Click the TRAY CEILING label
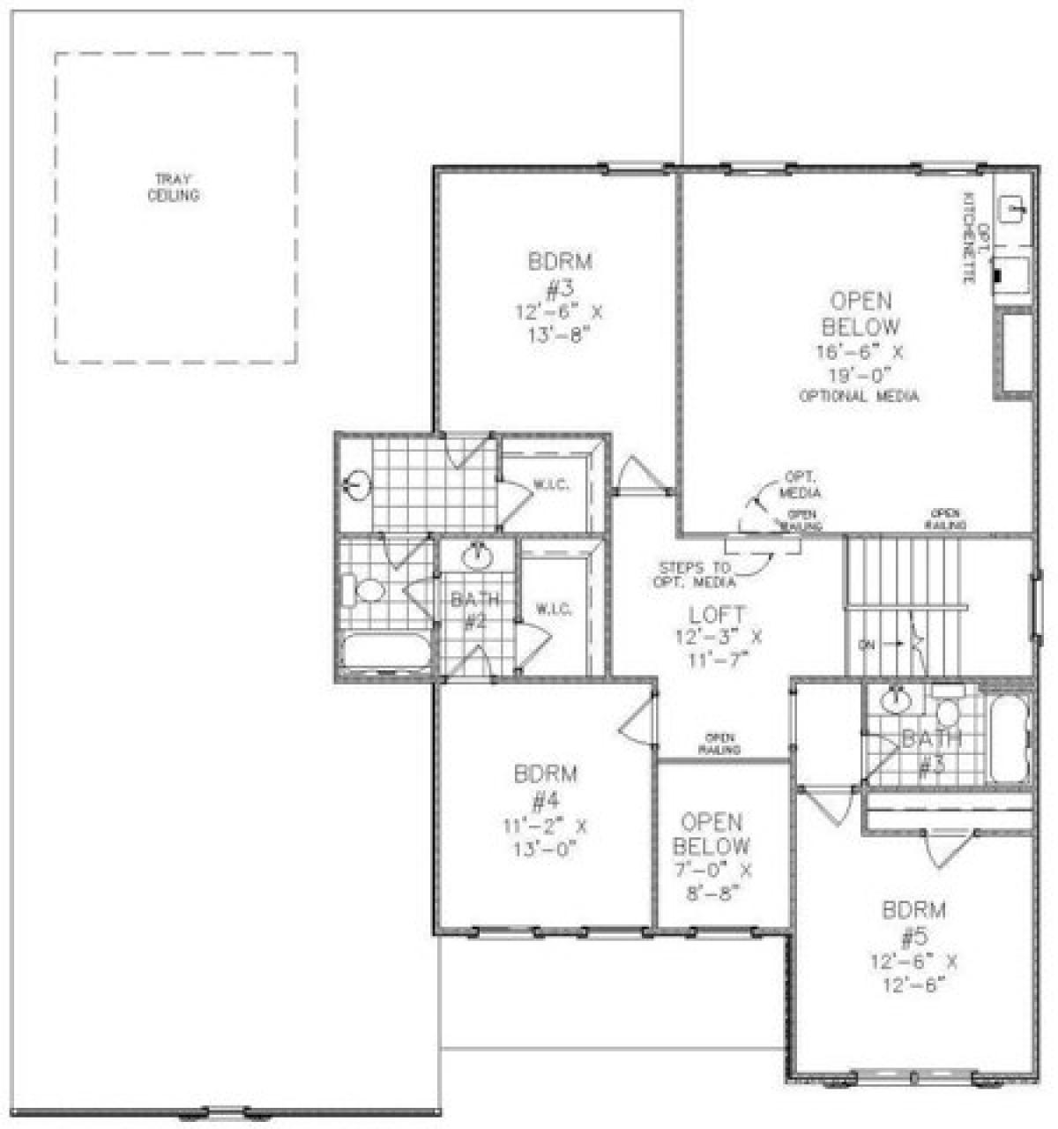tap(173, 188)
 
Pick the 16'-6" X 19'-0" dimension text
tap(860, 362)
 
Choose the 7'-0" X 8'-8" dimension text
tap(712, 880)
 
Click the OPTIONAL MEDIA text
tap(859, 396)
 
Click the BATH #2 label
tap(476, 610)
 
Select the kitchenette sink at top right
tap(1012, 209)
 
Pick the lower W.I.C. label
tap(553, 609)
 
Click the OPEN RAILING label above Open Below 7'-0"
tap(719, 744)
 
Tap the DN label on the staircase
tap(867, 644)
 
